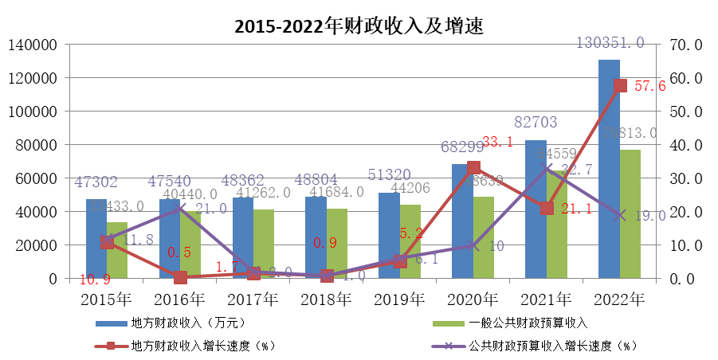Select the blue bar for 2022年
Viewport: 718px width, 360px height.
(x=610, y=167)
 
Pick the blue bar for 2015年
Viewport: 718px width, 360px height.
(x=96, y=239)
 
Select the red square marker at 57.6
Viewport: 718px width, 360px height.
(x=620, y=86)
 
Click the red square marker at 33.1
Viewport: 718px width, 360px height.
(x=473, y=168)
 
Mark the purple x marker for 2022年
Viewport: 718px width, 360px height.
(x=620, y=215)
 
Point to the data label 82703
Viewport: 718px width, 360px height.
(x=536, y=123)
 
